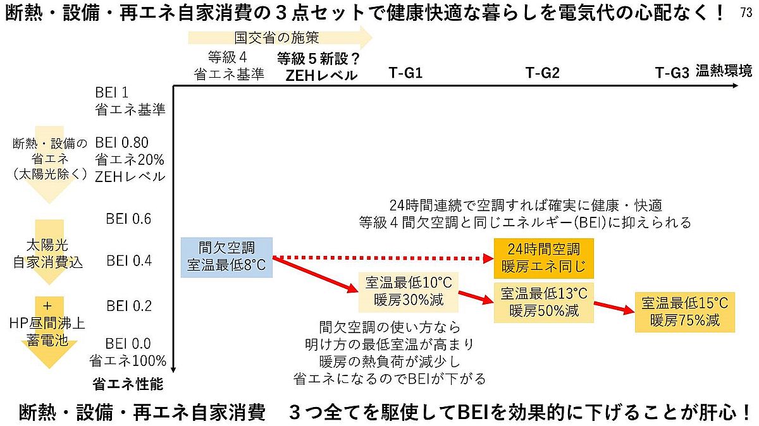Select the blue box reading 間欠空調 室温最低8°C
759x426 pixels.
pos(226,257)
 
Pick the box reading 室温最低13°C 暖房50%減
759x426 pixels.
pos(544,301)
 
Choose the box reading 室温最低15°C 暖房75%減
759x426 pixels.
pos(685,312)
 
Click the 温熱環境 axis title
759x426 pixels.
pos(724,70)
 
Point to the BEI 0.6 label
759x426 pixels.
pos(129,219)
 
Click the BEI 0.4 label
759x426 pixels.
pos(129,260)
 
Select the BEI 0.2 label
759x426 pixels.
pos(129,305)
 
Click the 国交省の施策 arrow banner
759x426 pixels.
pos(278,38)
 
